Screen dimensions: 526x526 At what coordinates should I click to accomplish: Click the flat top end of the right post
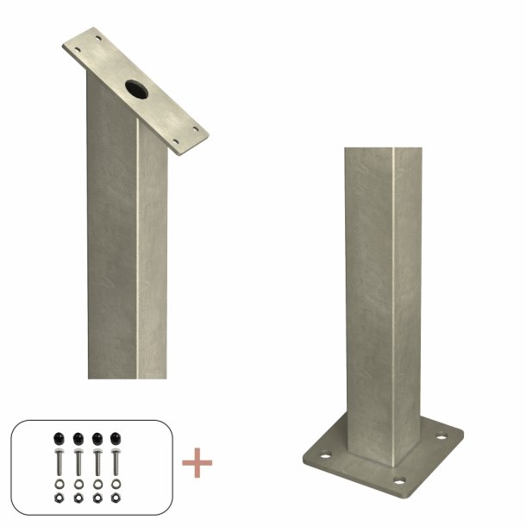tap(372, 150)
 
